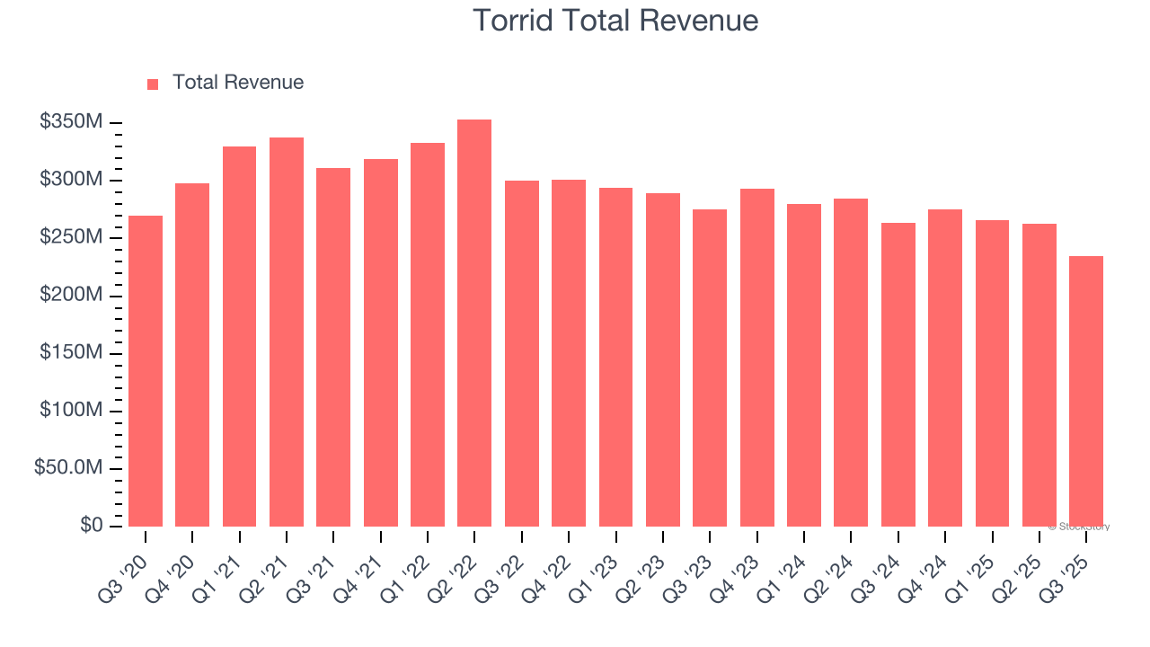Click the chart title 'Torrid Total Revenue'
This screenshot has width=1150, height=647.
pyautogui.click(x=615, y=21)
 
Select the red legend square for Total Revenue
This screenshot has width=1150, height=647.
pyautogui.click(x=153, y=84)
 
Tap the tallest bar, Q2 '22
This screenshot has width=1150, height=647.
pyautogui.click(x=474, y=323)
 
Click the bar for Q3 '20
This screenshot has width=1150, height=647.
pyautogui.click(x=146, y=370)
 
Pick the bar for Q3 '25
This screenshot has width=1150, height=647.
pyautogui.click(x=1086, y=391)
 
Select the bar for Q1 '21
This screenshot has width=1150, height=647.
pyautogui.click(x=239, y=336)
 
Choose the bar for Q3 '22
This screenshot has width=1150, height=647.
pyautogui.click(x=521, y=353)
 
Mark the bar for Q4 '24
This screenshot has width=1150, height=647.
pyautogui.click(x=945, y=368)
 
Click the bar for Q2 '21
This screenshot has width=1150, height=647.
pyautogui.click(x=287, y=332)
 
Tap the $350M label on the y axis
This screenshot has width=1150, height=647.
pyautogui.click(x=71, y=122)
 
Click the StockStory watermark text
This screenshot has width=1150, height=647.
pyautogui.click(x=1079, y=527)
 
